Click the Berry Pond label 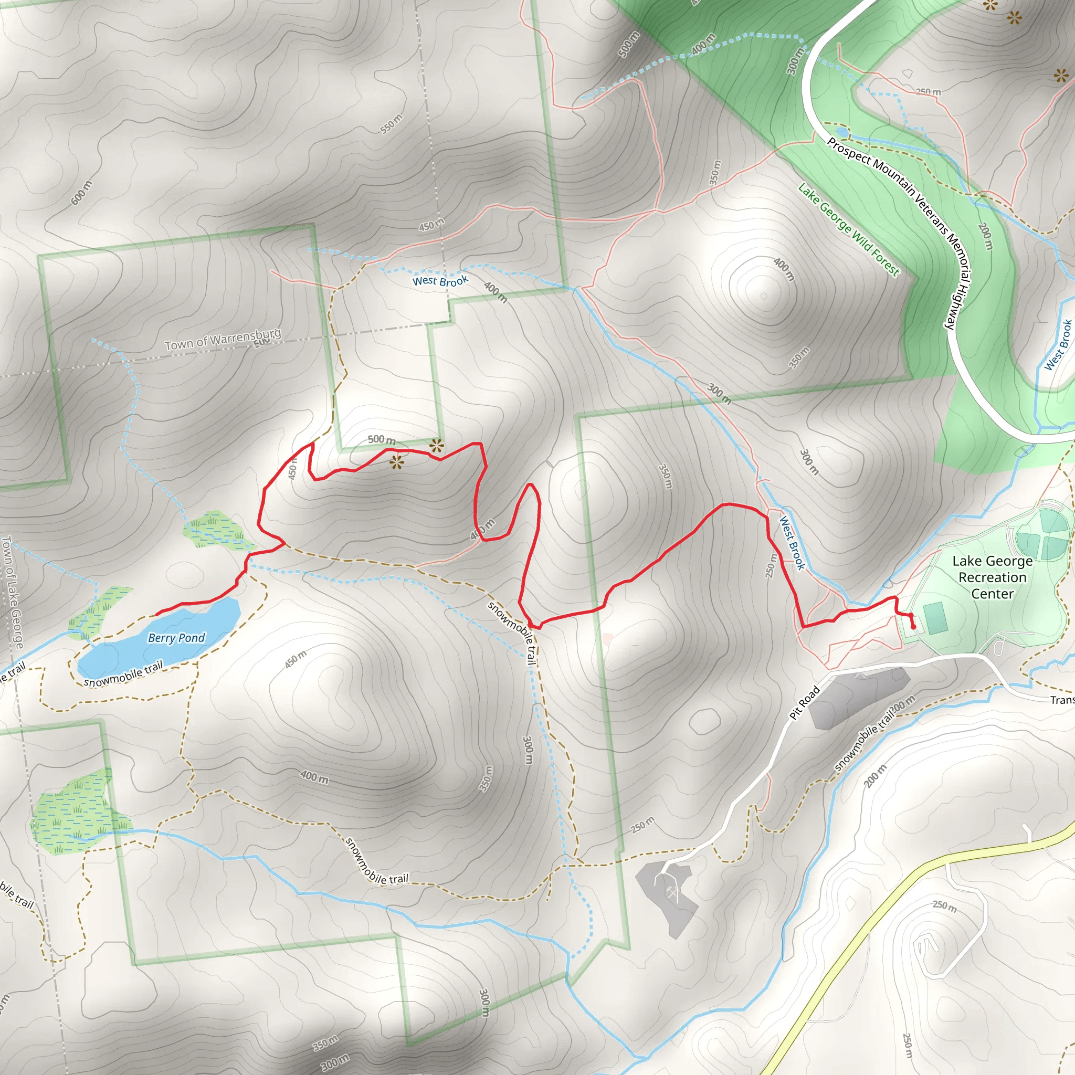(176, 638)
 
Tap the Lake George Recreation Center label (992, 577)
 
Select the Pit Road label (805, 703)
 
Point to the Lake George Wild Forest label (848, 229)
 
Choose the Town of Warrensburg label (223, 340)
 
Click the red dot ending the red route (913, 627)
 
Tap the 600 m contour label (82, 193)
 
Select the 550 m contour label (391, 123)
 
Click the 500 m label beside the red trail (381, 439)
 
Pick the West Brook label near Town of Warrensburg (440, 280)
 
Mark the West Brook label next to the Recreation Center (792, 543)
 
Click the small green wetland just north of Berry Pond (213, 529)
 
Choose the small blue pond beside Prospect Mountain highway (842, 132)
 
